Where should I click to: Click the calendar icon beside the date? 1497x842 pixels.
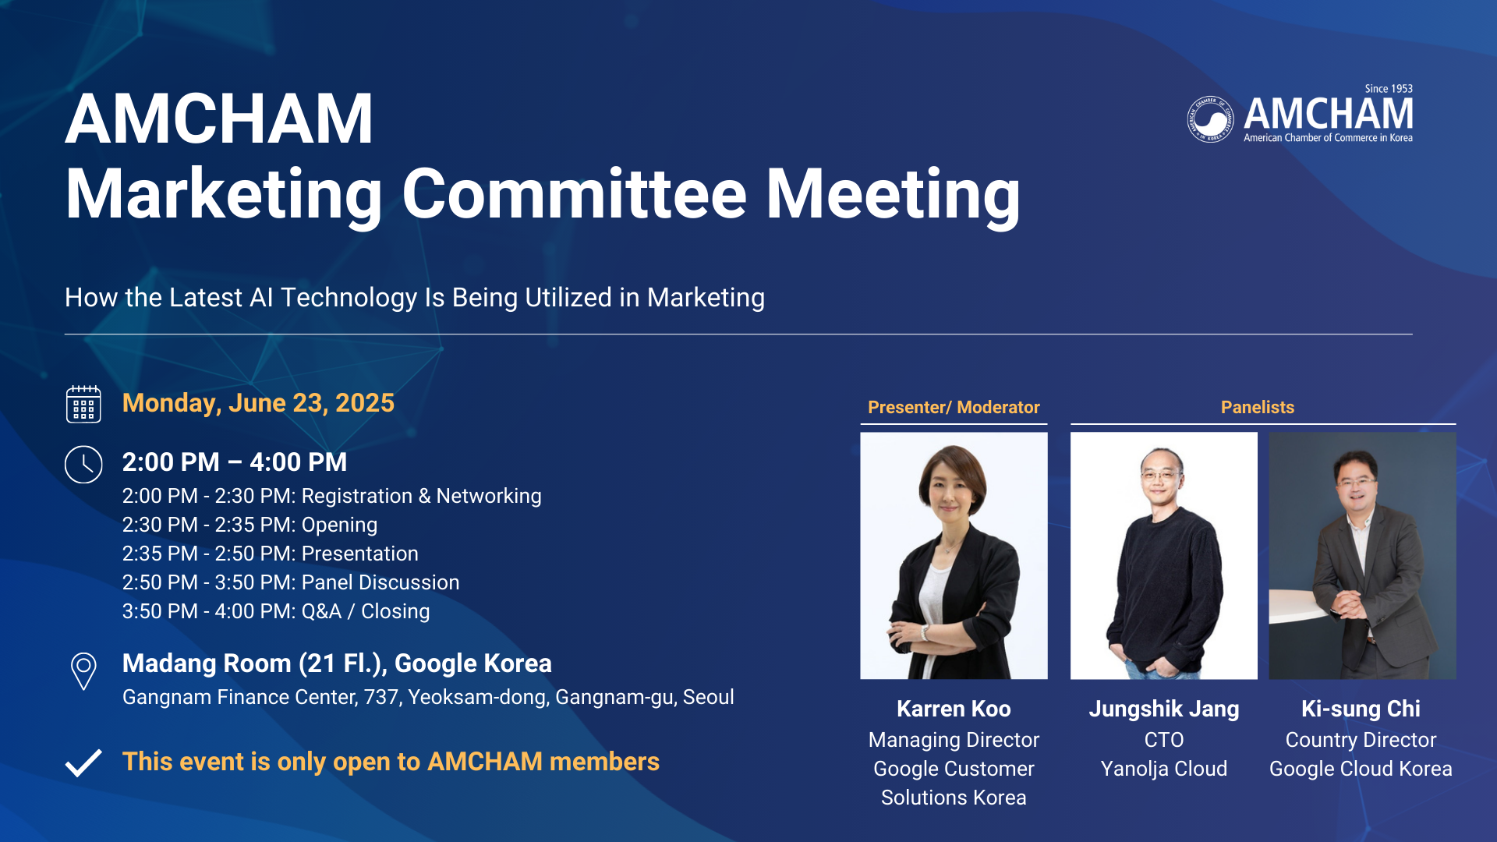pos(83,404)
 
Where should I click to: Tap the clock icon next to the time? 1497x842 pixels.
pos(83,465)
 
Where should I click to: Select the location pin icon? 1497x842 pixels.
pos(83,671)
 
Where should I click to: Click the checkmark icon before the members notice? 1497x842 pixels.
pos(83,762)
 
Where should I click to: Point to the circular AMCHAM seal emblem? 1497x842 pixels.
pos(1210,119)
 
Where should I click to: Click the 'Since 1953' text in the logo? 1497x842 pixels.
pos(1389,89)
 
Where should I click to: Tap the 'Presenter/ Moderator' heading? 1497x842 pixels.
pos(954,407)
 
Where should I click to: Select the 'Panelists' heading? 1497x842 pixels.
pos(1258,407)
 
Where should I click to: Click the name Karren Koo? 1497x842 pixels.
pos(954,709)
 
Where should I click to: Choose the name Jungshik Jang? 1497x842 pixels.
pos(1164,709)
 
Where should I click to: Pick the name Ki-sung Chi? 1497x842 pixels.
pos(1361,709)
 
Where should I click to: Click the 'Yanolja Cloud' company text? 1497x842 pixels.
pos(1164,769)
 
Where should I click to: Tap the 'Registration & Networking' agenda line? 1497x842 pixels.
pos(331,496)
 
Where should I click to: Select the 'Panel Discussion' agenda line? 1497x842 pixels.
pos(291,582)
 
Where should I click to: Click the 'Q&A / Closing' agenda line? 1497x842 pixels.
pos(276,611)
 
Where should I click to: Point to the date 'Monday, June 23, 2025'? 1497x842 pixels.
pos(258,403)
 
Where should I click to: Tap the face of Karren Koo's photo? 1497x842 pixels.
pos(952,489)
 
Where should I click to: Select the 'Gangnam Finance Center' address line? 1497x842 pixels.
pos(428,697)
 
